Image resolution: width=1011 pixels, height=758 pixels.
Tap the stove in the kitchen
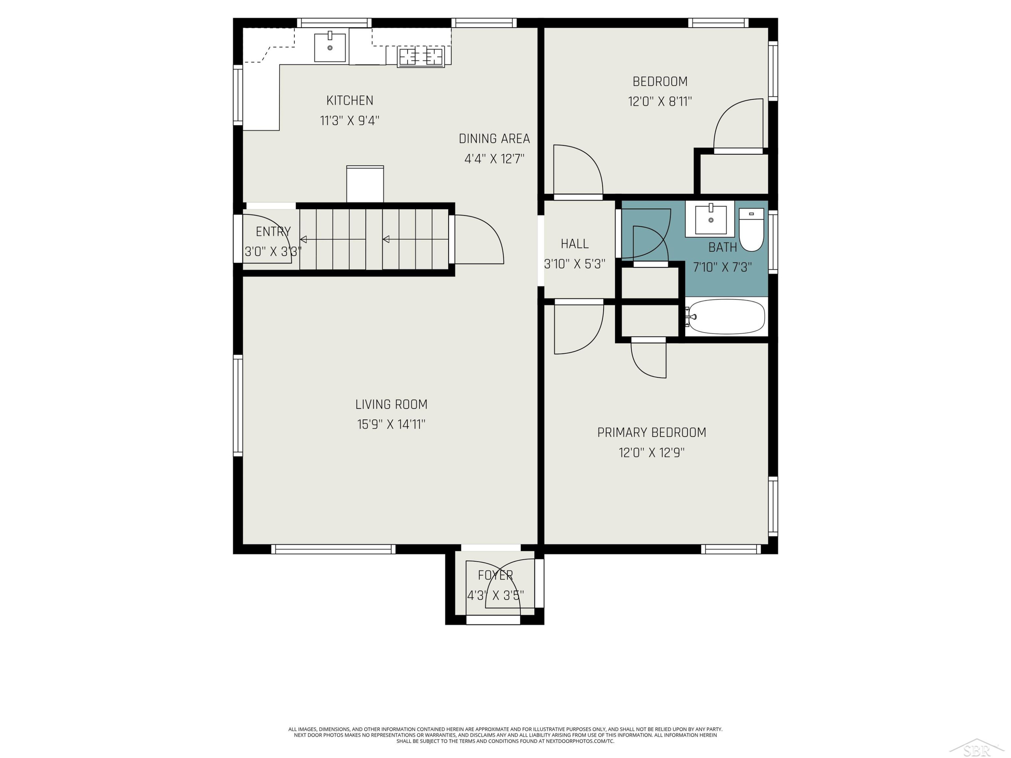421,57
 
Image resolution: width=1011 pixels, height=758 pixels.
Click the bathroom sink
710,219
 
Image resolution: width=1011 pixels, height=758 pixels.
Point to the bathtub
726,317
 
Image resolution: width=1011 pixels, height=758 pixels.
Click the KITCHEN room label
350,100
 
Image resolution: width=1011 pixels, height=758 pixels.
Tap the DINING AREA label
494,138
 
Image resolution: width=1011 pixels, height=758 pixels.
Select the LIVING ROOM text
391,404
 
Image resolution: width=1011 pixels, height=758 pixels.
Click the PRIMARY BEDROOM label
651,432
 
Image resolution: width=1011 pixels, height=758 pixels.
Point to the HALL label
575,244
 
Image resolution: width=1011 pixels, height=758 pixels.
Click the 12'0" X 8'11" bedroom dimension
660,101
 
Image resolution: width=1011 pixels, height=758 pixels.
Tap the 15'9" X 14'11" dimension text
391,424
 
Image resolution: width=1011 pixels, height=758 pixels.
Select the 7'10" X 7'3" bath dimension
722,267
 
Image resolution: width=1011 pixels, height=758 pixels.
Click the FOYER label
495,575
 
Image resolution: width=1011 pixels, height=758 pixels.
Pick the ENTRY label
273,232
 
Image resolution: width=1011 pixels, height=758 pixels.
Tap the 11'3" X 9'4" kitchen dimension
350,121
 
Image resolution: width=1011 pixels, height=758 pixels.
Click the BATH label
723,247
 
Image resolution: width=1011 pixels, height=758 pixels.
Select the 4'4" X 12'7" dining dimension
494,159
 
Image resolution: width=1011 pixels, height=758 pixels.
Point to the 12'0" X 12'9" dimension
651,452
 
